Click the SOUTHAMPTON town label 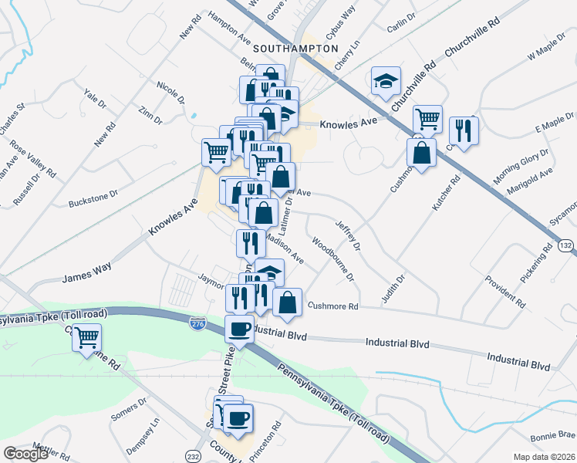tap(296, 48)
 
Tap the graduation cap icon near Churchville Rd tap(385, 81)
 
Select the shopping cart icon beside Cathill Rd tap(87, 337)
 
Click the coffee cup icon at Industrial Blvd tap(239, 330)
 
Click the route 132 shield tap(566, 245)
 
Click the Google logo tap(25, 453)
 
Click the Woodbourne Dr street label tap(332, 259)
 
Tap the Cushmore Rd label tap(333, 306)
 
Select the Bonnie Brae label tap(553, 434)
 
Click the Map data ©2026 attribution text tap(545, 457)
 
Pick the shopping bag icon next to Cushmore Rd tap(287, 302)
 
